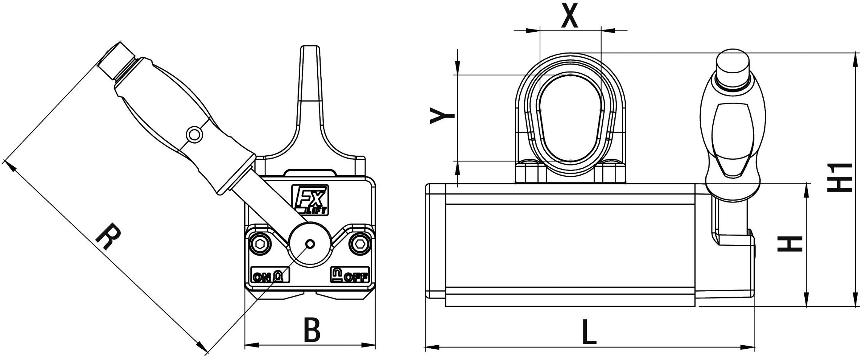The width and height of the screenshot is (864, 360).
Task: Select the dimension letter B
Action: pyautogui.click(x=312, y=330)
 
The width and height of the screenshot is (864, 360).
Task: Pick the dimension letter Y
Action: pyautogui.click(x=443, y=115)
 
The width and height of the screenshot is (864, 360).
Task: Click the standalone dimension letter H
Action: pyautogui.click(x=790, y=244)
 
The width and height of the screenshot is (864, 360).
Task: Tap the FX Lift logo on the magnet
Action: pyautogui.click(x=310, y=200)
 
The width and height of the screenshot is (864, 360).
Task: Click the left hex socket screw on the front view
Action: pyautogui.click(x=260, y=244)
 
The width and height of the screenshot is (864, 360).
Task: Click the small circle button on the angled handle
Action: pyautogui.click(x=194, y=134)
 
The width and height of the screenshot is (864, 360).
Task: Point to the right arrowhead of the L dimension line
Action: pyautogui.click(x=749, y=347)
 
